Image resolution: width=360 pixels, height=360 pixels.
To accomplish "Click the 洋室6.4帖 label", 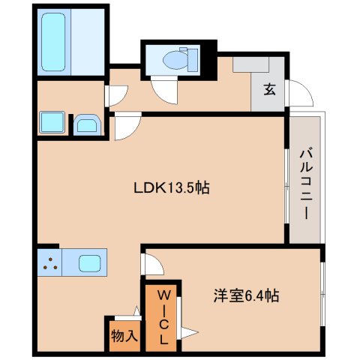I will coord(244,295).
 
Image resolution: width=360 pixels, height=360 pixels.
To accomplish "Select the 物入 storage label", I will coord(124,335).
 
